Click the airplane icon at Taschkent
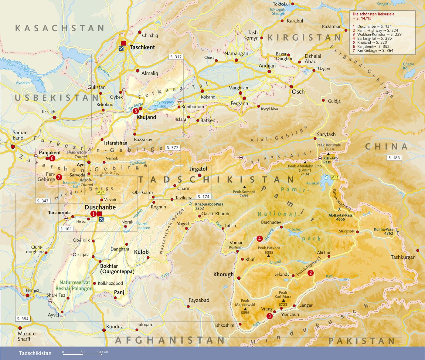121,49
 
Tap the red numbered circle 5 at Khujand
136,111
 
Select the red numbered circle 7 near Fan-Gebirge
59,177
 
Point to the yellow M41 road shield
335,177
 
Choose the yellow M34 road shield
101,192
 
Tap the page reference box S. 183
394,158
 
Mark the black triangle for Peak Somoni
244,187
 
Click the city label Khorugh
223,274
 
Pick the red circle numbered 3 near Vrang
269,316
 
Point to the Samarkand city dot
13,147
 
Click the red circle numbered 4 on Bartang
260,239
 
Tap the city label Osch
298,92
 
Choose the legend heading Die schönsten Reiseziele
373,14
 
